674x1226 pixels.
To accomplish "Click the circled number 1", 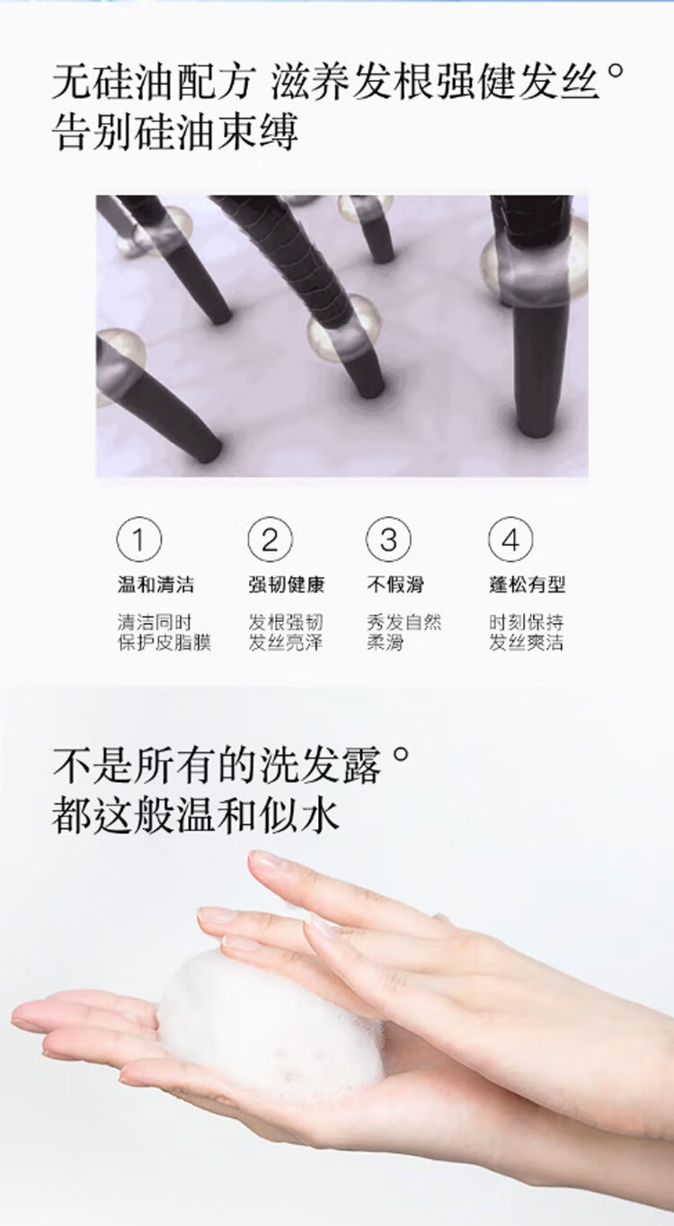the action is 139,539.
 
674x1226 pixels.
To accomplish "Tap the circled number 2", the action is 270,539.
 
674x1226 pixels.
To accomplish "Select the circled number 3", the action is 388,539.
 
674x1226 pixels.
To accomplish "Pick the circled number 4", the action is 510,539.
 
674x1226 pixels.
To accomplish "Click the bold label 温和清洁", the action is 155,584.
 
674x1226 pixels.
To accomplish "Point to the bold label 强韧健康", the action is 286,584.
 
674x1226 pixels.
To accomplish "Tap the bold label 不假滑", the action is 395,584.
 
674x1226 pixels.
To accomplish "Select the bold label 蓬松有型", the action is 527,584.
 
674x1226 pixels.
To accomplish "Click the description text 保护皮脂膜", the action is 164,643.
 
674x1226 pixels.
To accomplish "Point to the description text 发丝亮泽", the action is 285,643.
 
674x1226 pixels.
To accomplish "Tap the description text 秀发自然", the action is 404,622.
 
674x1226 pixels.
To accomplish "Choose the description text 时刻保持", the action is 526,622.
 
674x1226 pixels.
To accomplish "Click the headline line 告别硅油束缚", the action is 175,132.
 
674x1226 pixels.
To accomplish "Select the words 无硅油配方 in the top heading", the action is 154,83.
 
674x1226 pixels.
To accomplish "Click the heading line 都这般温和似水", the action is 196,815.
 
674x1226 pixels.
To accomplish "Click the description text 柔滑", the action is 385,643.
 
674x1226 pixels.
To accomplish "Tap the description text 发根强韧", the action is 285,622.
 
